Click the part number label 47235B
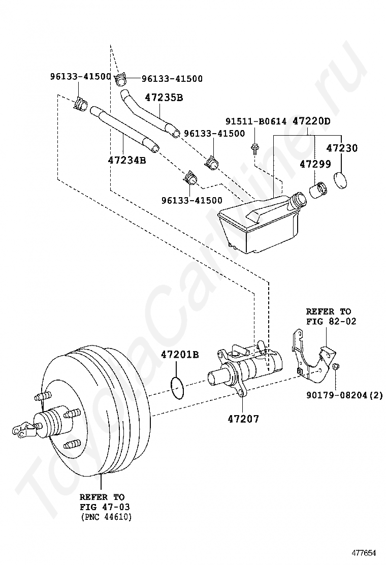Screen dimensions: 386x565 pyautogui.click(x=164, y=97)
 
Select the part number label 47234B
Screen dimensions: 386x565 pyautogui.click(x=127, y=160)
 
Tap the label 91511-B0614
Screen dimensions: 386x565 pyautogui.click(x=256, y=121)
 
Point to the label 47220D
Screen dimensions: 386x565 pyautogui.click(x=311, y=121)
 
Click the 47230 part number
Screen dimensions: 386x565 pyautogui.click(x=342, y=148)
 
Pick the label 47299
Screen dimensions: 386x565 pyautogui.click(x=315, y=164)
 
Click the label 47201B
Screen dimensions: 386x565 pyautogui.click(x=180, y=355)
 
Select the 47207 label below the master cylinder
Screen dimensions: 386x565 pyautogui.click(x=243, y=419)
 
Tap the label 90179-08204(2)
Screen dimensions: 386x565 pyautogui.click(x=344, y=395)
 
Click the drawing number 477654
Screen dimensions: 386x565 pyautogui.click(x=364, y=553)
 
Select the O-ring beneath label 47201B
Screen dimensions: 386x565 pyautogui.click(x=177, y=387)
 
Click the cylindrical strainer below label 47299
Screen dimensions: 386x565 pyautogui.click(x=317, y=190)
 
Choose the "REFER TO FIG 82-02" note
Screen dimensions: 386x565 pyautogui.click(x=331, y=316)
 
